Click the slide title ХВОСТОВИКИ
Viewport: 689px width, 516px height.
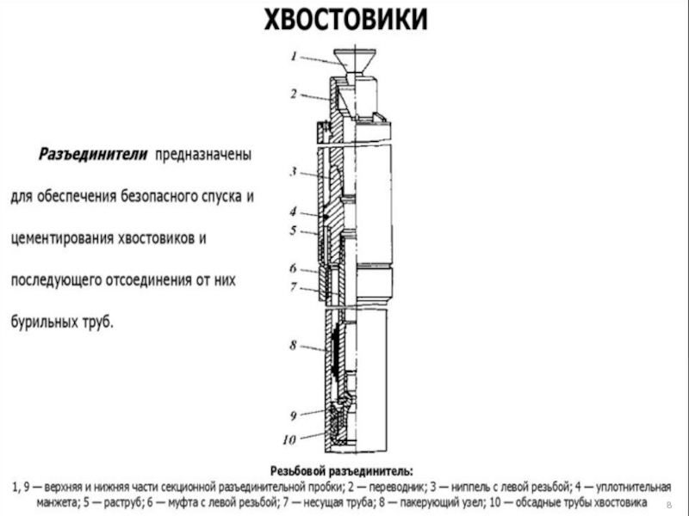pos(344,19)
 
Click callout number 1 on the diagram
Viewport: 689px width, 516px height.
pos(295,57)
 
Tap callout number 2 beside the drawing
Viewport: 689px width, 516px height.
pos(295,93)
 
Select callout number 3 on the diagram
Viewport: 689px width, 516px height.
pos(293,172)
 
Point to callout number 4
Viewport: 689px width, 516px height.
pos(293,212)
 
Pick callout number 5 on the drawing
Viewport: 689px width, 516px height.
pos(293,230)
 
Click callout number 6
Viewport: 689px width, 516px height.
pos(293,268)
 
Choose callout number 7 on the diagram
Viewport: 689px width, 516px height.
pos(293,286)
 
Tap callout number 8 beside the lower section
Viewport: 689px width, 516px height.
pos(293,345)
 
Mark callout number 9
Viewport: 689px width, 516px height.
pos(293,415)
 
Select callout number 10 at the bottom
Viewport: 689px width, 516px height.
pos(290,438)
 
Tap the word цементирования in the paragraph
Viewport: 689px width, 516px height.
pos(71,238)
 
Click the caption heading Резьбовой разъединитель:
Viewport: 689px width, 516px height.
pos(342,470)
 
